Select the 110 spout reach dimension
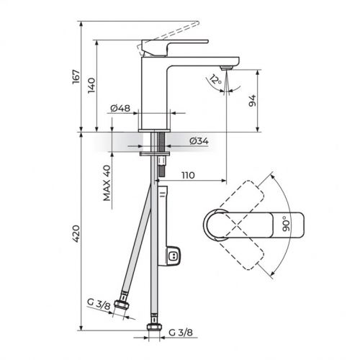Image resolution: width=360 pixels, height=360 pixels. (189, 175)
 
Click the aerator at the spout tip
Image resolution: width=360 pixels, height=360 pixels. (226, 67)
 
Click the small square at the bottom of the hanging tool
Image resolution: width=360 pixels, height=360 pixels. (174, 255)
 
